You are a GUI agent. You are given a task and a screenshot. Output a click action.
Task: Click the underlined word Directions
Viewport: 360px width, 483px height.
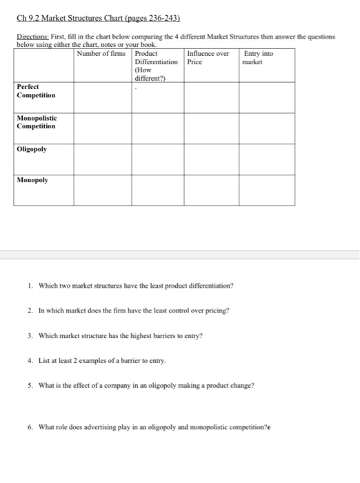pos(34,37)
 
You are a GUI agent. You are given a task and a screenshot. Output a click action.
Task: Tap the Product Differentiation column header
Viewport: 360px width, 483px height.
pos(156,66)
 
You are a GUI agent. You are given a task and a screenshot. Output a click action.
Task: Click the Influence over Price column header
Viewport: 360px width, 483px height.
pos(209,57)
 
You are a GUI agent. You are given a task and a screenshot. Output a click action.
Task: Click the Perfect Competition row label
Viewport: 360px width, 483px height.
pos(37,90)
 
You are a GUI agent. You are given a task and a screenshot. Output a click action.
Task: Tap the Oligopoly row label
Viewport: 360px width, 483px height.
pos(32,148)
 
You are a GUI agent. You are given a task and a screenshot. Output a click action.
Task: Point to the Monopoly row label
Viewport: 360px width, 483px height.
pos(34,179)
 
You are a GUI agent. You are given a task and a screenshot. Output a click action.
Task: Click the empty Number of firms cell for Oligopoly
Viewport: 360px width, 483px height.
pos(103,159)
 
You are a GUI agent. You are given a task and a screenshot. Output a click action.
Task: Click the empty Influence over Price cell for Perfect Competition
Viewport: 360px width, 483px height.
pos(211,97)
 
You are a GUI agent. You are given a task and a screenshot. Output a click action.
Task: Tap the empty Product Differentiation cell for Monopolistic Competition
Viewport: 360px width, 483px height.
pos(158,128)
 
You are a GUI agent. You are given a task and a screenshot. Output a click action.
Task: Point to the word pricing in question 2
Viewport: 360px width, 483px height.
pos(213,310)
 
